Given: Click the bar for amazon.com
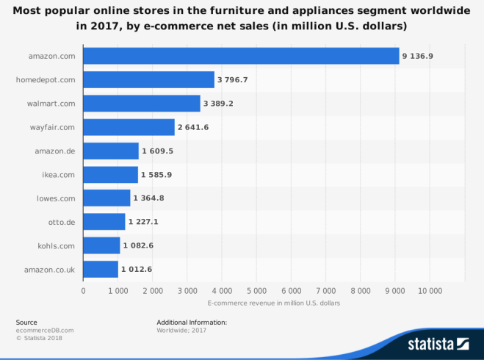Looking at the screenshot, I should tap(241, 56).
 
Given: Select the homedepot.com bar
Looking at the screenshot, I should tap(148, 79).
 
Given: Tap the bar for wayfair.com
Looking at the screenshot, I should tap(129, 127).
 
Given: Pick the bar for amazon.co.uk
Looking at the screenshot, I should tap(101, 270).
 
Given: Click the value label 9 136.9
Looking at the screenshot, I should tap(417, 56).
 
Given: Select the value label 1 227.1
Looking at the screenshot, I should tap(144, 222).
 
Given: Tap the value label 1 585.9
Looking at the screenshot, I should tap(156, 175).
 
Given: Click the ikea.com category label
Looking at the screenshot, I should tap(57, 175).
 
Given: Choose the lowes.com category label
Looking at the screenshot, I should tap(55, 198).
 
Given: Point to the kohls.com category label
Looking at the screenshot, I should tap(56, 246).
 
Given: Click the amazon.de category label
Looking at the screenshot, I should tap(54, 151).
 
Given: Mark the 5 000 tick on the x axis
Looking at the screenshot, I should tap(256, 291).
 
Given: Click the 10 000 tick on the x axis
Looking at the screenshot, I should tap(430, 291).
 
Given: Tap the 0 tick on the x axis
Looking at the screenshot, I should tap(84, 291).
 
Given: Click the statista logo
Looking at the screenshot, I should tap(438, 343).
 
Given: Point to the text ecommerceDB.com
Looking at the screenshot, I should tap(45, 330).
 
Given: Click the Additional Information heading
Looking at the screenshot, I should tap(192, 322).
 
